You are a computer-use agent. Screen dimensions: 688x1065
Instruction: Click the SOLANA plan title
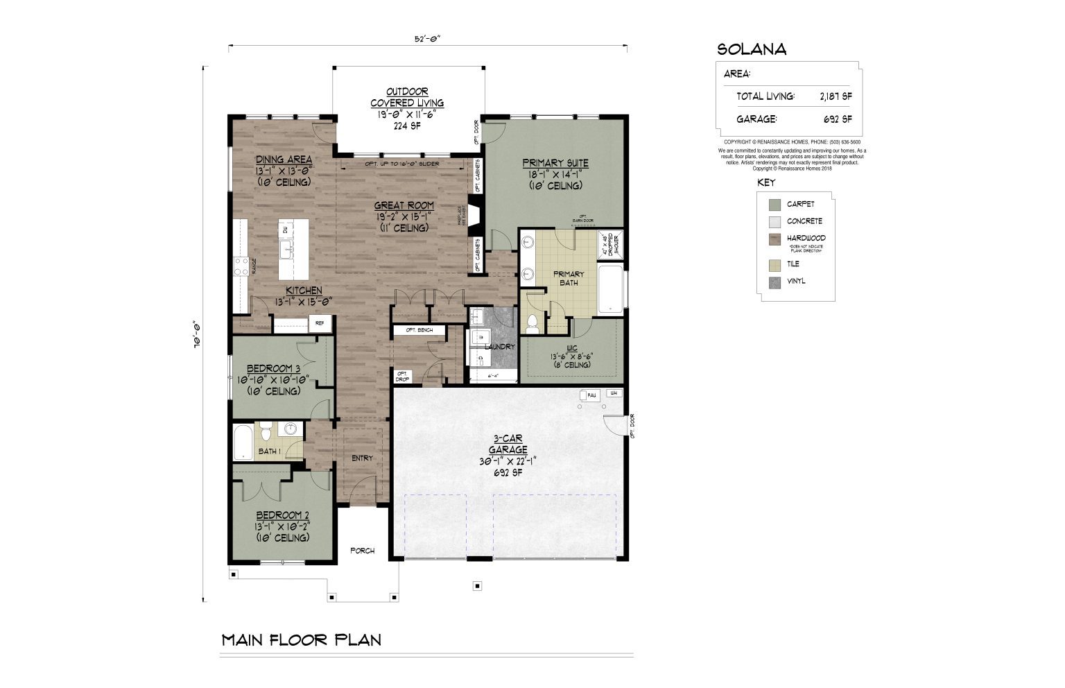pos(752,49)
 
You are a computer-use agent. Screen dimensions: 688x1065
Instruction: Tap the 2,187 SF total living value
pos(835,96)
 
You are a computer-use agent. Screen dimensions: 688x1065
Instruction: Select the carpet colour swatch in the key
pos(774,205)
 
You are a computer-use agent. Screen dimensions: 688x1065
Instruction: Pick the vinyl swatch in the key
pos(774,282)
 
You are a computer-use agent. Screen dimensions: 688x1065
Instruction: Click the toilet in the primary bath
pos(532,323)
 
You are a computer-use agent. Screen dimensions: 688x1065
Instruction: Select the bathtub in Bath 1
pos(243,442)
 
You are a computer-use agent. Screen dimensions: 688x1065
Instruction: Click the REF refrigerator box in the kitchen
pos(320,323)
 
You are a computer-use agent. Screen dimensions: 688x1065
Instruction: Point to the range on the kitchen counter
pos(241,266)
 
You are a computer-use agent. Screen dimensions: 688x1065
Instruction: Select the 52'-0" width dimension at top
pos(428,40)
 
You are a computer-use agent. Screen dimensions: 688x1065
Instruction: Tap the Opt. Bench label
pos(419,330)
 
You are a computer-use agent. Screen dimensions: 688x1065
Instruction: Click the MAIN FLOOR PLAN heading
pos(301,639)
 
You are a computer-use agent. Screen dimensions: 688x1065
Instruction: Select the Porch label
pos(362,551)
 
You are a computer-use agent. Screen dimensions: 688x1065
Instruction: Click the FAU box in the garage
pos(591,395)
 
